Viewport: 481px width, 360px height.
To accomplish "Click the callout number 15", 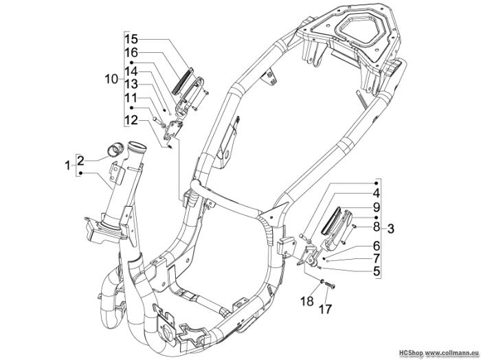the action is (x=131, y=40).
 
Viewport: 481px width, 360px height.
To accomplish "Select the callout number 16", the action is (x=131, y=53).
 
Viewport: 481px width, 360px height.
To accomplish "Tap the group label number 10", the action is (x=111, y=80).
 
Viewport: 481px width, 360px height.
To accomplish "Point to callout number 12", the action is (x=131, y=120).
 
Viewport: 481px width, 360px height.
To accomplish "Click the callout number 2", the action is (x=80, y=160).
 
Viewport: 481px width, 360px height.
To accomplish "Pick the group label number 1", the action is (x=67, y=166).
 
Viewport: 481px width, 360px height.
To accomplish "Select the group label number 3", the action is (x=390, y=229).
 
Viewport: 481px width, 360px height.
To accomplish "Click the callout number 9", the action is (x=377, y=207).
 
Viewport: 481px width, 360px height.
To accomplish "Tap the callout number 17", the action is (x=326, y=308).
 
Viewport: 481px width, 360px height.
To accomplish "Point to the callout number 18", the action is (x=308, y=301).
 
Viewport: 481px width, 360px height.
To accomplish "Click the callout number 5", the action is (x=377, y=271).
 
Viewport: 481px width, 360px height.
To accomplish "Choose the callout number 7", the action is (x=377, y=258).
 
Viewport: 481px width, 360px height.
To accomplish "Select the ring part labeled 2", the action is (x=114, y=149).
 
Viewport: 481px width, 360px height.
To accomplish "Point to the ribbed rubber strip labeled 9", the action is (x=331, y=219).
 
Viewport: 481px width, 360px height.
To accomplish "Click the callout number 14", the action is (x=131, y=71).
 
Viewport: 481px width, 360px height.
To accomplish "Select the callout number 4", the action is (x=377, y=194).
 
